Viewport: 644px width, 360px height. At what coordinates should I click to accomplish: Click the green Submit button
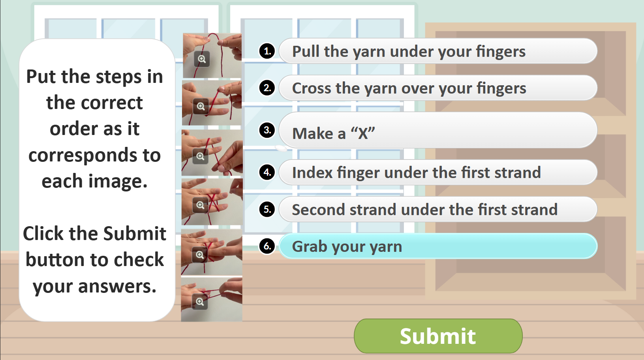coord(438,336)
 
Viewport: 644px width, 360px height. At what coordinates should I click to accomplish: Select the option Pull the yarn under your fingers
coord(438,51)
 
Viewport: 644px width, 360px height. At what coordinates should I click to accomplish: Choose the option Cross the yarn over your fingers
coord(438,88)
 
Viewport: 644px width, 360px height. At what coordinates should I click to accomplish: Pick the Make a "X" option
coord(438,130)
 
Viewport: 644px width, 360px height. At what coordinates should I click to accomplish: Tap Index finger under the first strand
coord(438,172)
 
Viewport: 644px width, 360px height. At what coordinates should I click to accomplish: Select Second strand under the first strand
coord(438,209)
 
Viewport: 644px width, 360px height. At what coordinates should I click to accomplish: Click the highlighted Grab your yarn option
coord(438,246)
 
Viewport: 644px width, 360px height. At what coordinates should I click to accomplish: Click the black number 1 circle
coord(267,51)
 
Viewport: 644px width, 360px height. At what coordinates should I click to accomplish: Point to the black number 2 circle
coord(267,88)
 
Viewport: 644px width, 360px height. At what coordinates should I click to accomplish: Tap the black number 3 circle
coord(267,130)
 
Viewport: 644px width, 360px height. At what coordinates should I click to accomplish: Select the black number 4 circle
coord(267,172)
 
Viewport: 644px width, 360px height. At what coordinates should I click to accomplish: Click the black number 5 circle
coord(267,209)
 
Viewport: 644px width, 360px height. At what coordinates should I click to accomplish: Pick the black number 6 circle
coord(267,246)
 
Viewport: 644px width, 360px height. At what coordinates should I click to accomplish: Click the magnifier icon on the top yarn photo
coord(202,59)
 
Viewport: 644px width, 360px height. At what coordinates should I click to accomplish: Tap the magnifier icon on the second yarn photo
coord(201,106)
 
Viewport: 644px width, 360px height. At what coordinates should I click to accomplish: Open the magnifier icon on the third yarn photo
coord(201,156)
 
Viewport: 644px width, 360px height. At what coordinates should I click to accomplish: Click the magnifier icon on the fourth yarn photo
coord(201,205)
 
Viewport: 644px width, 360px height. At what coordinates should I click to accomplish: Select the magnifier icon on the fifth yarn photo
coord(200,255)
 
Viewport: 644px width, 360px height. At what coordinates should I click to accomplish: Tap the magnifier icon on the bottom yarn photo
coord(200,302)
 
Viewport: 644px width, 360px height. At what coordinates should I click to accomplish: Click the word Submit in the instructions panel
coord(135,233)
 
